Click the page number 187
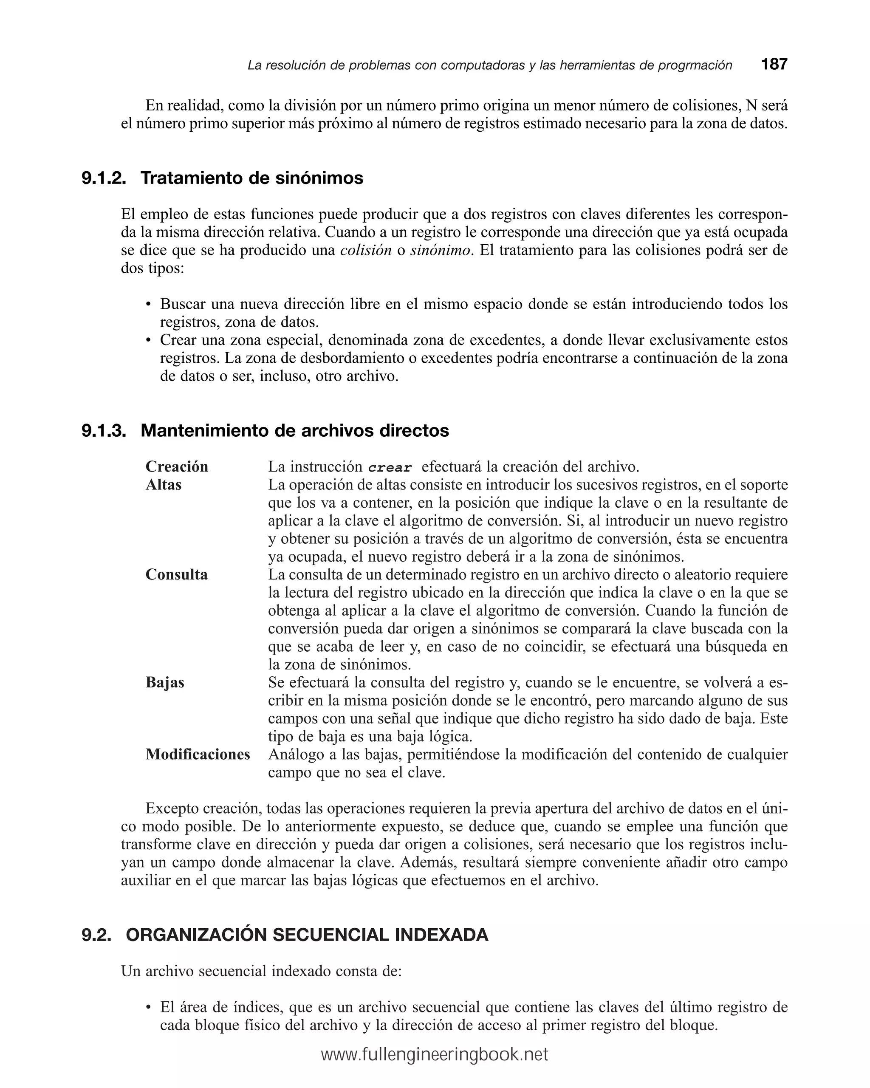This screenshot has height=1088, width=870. click(x=774, y=65)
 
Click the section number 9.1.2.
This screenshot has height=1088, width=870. click(x=104, y=178)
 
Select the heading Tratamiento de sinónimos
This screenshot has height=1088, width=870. click(x=252, y=178)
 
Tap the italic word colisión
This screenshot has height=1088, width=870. click(x=366, y=250)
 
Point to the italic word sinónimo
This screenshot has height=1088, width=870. click(x=440, y=250)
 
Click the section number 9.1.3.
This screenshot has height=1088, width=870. click(x=104, y=430)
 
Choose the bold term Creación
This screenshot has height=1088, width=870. click(x=177, y=466)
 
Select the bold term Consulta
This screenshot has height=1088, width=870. click(x=177, y=574)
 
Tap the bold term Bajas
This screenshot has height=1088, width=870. click(x=165, y=682)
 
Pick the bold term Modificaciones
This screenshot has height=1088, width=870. click(x=198, y=754)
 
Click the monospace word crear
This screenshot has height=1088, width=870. click(x=390, y=467)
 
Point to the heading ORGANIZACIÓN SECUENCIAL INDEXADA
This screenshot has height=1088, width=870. click(x=307, y=935)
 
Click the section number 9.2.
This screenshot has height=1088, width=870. click(x=96, y=935)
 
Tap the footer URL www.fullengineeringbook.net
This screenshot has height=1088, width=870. click(x=435, y=1055)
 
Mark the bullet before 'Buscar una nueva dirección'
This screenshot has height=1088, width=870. click(x=148, y=305)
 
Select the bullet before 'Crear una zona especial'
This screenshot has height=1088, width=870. click(x=148, y=341)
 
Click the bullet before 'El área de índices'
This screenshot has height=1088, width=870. click(x=148, y=1008)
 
